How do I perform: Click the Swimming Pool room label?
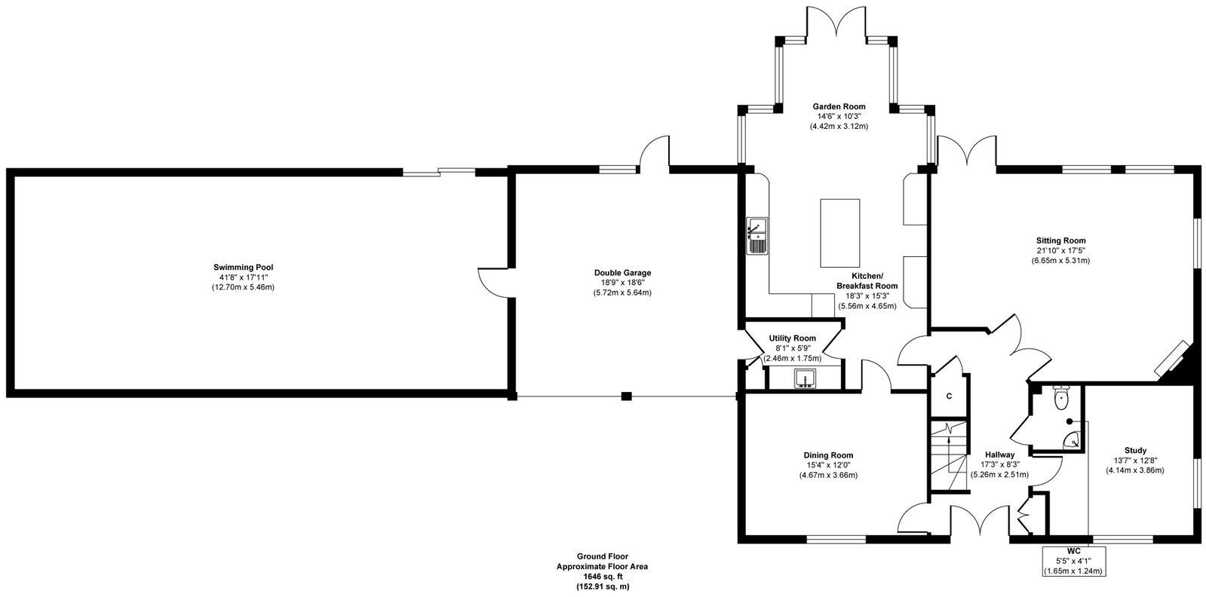pos(243,268)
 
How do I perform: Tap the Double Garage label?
pos(622,273)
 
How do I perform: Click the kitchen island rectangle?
pos(840,233)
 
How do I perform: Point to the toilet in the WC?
pos(1060,397)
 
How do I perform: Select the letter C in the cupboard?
pos(949,396)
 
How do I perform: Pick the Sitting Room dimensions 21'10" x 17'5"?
pos(1060,250)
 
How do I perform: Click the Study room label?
pos(1135,450)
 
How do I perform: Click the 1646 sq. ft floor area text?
pos(602,577)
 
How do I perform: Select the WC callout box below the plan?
pos(1074,561)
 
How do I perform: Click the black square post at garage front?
pos(626,396)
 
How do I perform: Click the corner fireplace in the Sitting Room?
pos(1176,363)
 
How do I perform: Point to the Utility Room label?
pos(792,338)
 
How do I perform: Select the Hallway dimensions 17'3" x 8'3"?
pos(999,464)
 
